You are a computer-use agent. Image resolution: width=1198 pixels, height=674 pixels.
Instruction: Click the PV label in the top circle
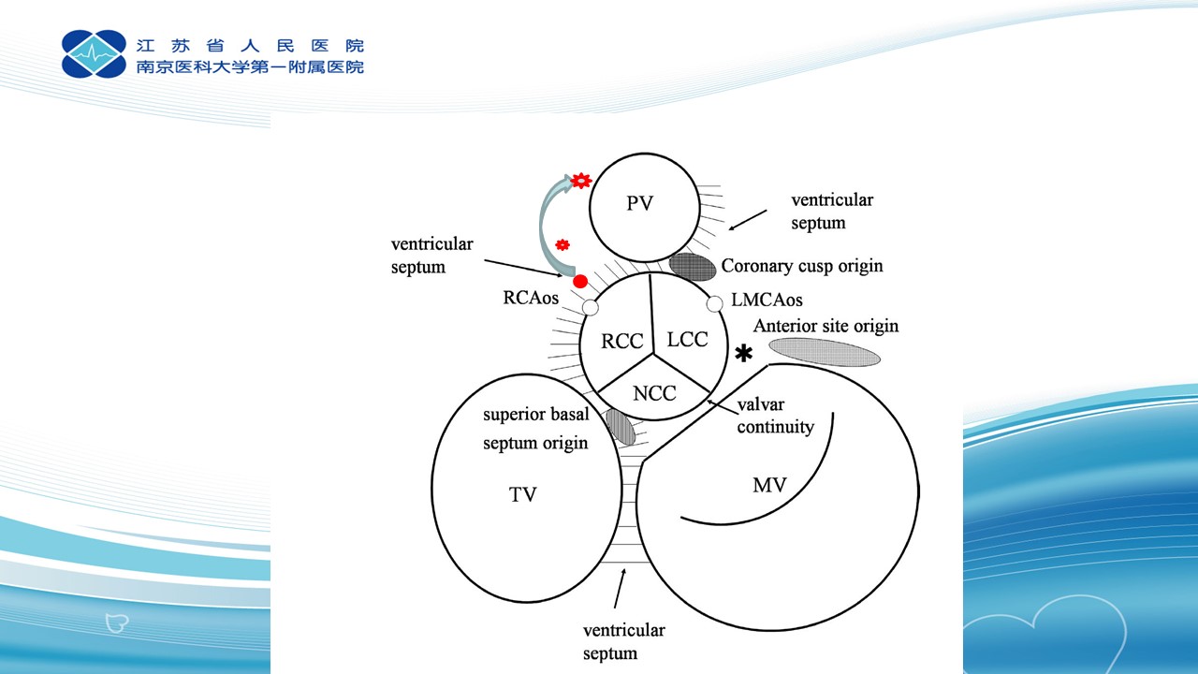pyautogui.click(x=639, y=203)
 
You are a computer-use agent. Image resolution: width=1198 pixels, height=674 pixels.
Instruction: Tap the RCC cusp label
pyautogui.click(x=621, y=341)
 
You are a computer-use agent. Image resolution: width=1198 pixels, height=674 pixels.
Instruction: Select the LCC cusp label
pyautogui.click(x=687, y=339)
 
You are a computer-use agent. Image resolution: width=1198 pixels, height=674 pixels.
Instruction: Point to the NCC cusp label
pyautogui.click(x=654, y=394)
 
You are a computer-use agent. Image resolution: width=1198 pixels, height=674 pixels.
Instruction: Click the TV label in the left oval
pyautogui.click(x=522, y=495)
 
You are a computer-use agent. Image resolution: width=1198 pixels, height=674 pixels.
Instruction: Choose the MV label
pyautogui.click(x=769, y=485)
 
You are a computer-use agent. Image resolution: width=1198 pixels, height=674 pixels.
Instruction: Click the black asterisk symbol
pyautogui.click(x=743, y=354)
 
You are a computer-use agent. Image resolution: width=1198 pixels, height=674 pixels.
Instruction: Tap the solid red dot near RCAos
pyautogui.click(x=580, y=282)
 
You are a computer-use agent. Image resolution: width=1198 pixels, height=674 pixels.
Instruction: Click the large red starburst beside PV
pyautogui.click(x=581, y=181)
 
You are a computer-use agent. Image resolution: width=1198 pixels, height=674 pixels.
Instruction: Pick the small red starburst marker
pyautogui.click(x=562, y=245)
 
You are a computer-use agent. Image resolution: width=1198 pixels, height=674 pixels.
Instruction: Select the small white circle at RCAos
pyautogui.click(x=590, y=308)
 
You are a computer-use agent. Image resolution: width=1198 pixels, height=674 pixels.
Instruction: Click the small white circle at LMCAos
pyautogui.click(x=714, y=304)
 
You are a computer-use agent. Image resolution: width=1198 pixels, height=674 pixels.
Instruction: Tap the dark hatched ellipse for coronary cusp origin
pyautogui.click(x=693, y=267)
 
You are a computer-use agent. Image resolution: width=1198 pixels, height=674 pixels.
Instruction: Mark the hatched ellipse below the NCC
pyautogui.click(x=621, y=427)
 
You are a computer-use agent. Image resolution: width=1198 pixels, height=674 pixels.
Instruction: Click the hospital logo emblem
pyautogui.click(x=95, y=54)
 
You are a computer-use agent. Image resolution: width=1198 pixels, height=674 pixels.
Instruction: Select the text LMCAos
pyautogui.click(x=767, y=300)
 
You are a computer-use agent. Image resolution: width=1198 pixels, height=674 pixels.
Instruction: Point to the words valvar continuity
pyautogui.click(x=776, y=416)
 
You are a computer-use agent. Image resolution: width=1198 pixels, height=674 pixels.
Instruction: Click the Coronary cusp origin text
pyautogui.click(x=802, y=266)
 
